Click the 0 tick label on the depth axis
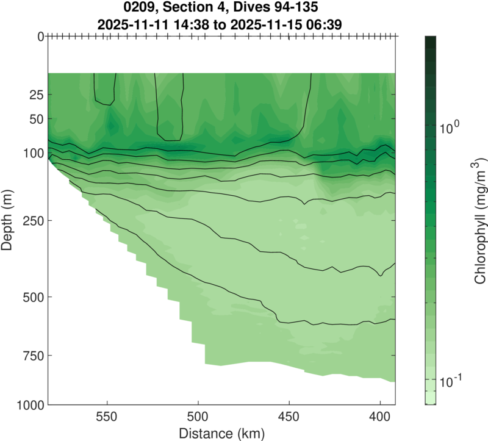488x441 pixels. point(40,37)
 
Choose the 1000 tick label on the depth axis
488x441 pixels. point(31,404)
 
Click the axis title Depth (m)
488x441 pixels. point(9,220)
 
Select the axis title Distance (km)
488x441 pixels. point(221,434)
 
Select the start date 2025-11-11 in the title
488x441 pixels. point(130,24)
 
